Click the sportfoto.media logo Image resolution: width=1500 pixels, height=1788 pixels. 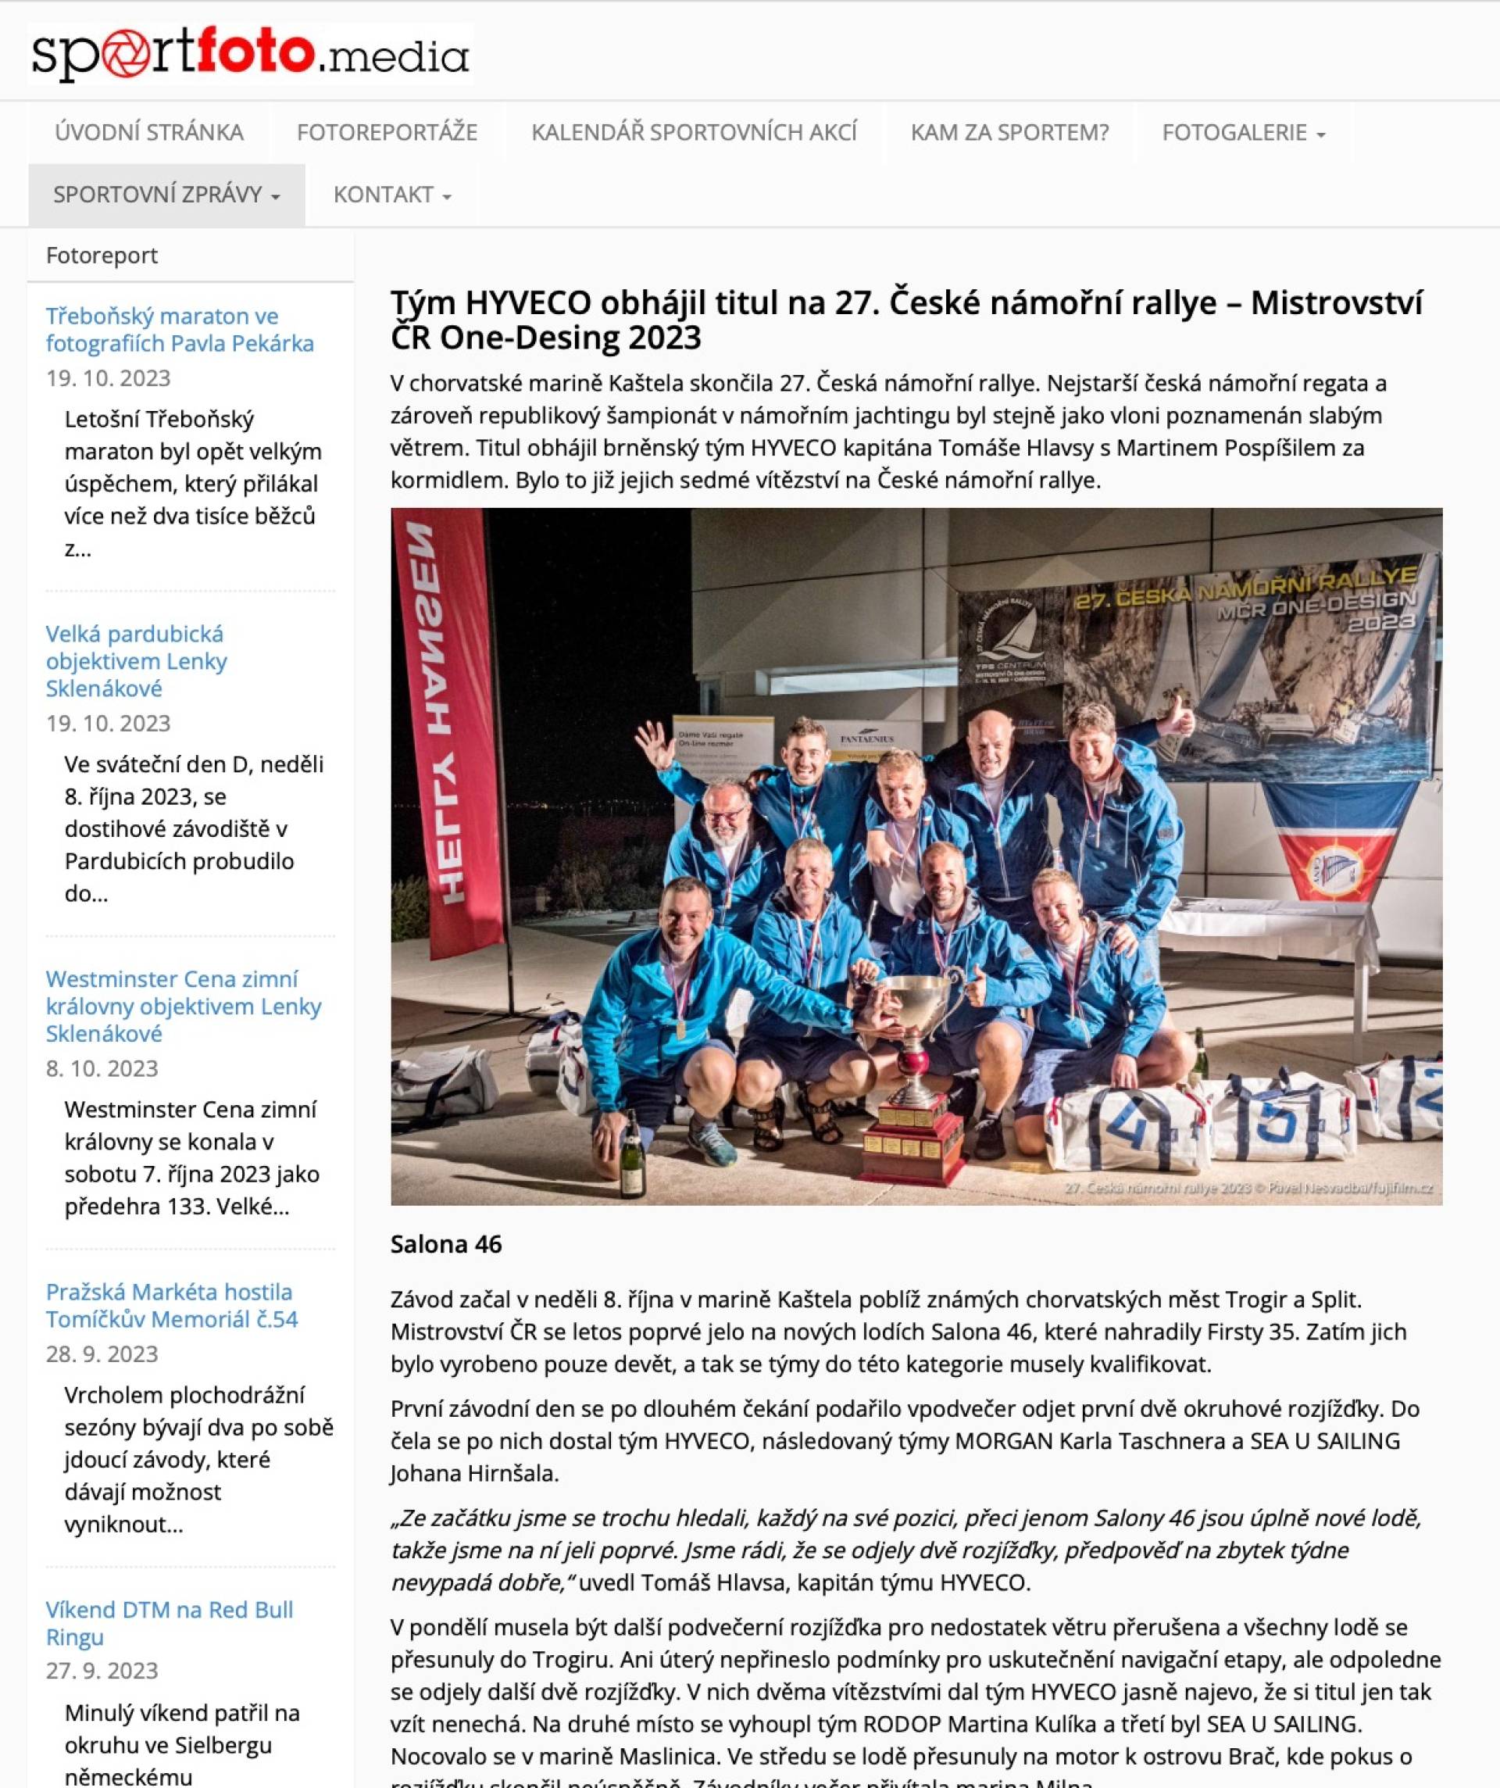pyautogui.click(x=250, y=55)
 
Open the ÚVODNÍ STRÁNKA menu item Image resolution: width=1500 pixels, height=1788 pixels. pyautogui.click(x=149, y=132)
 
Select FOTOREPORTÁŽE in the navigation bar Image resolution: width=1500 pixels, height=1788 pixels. pyautogui.click(x=387, y=132)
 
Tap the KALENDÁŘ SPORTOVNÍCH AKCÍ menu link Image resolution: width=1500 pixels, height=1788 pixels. pyautogui.click(x=694, y=132)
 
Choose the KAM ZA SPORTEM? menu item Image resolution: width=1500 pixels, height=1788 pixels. pyautogui.click(x=1009, y=132)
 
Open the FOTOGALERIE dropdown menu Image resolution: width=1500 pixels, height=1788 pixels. pyautogui.click(x=1243, y=132)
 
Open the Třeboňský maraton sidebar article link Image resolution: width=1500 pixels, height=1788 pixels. pyautogui.click(x=180, y=329)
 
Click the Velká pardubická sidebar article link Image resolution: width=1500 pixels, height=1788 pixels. pyautogui.click(x=136, y=660)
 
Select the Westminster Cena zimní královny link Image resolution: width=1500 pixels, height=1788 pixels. pyautogui.click(x=183, y=1006)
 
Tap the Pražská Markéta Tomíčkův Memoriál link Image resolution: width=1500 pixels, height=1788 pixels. pyautogui.click(x=171, y=1305)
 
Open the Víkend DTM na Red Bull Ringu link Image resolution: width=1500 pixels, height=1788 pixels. pyautogui.click(x=170, y=1623)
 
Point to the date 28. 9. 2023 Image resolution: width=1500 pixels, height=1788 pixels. pyautogui.click(x=102, y=1353)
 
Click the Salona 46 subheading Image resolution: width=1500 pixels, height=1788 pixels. pyautogui.click(x=446, y=1244)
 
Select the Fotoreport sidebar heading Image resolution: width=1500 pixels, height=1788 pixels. pyautogui.click(x=102, y=255)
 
